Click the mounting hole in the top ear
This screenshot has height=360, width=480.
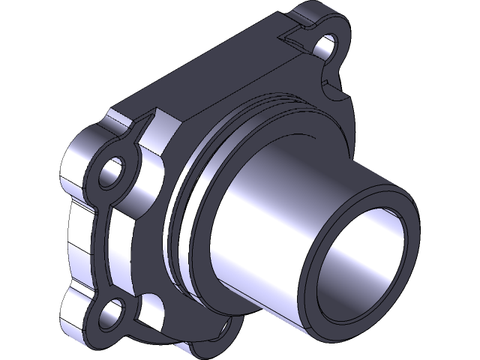tap(328, 46)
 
